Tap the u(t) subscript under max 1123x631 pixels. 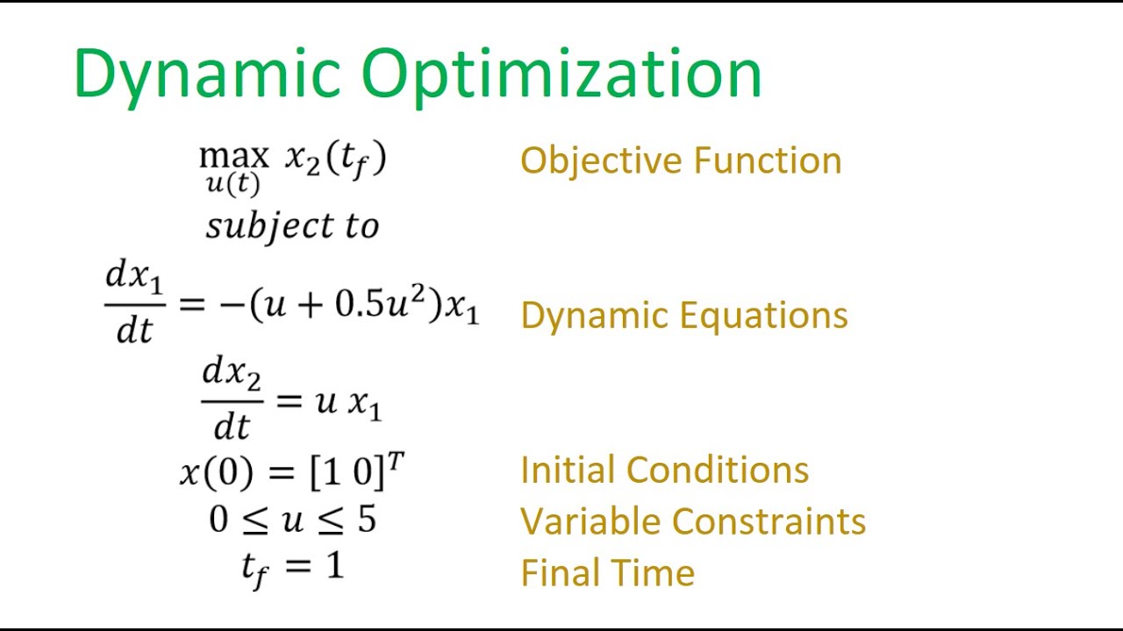pyautogui.click(x=233, y=185)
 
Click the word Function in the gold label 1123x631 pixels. pyautogui.click(x=768, y=161)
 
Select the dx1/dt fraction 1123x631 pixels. pyautogui.click(x=134, y=303)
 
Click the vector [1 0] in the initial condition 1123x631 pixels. pyautogui.click(x=348, y=473)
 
